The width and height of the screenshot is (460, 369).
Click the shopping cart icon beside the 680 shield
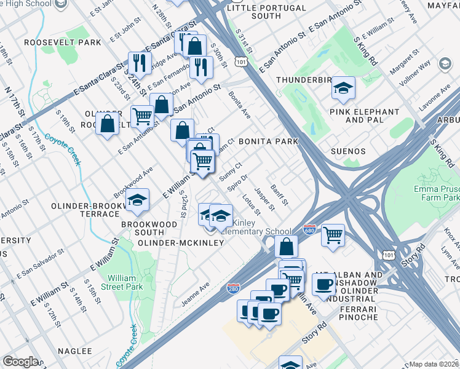332,234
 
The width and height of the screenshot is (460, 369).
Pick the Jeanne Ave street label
196,294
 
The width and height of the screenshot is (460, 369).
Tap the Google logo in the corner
20,362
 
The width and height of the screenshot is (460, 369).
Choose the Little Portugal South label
266,12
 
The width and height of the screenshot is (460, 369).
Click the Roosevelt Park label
62,43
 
